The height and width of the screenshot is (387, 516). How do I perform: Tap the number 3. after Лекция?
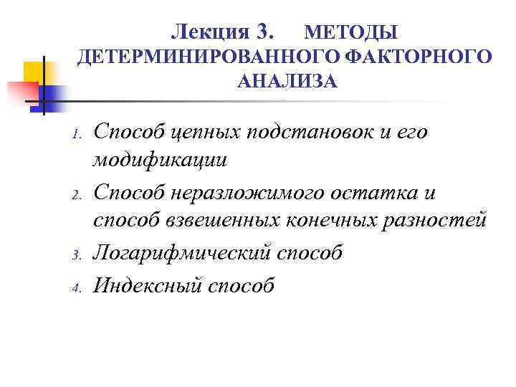264,32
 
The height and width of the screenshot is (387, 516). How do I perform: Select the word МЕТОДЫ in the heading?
351,33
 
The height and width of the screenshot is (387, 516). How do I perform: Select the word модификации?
159,161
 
